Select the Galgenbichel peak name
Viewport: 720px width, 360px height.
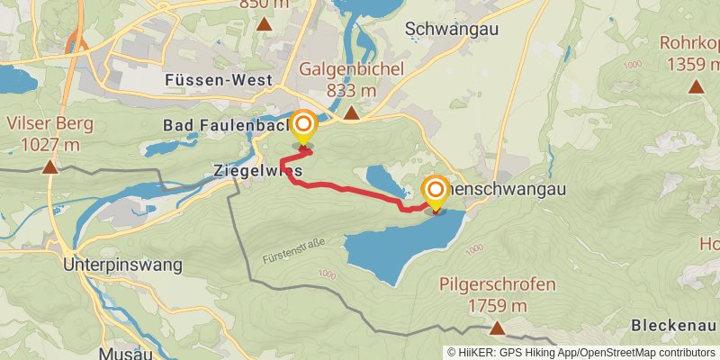coord(351,69)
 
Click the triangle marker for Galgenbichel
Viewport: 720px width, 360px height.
coord(351,112)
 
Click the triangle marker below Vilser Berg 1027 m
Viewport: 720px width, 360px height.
coord(49,166)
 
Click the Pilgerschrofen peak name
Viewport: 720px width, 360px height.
coord(497,285)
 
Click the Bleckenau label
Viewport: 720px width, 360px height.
coord(673,325)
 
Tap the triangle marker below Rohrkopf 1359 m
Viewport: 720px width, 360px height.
coord(696,86)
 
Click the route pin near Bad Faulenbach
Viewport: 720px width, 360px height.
coord(304,127)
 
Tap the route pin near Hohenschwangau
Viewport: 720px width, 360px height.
coord(436,192)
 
